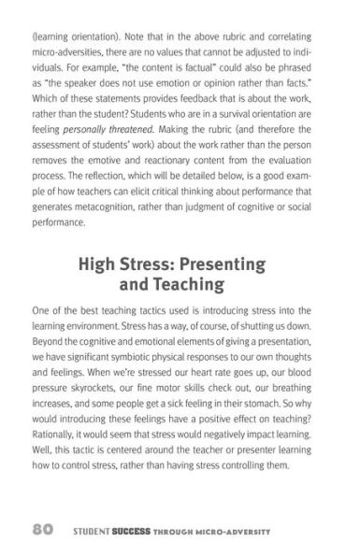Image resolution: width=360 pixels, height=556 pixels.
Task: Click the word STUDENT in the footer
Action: pyautogui.click(x=91, y=529)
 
